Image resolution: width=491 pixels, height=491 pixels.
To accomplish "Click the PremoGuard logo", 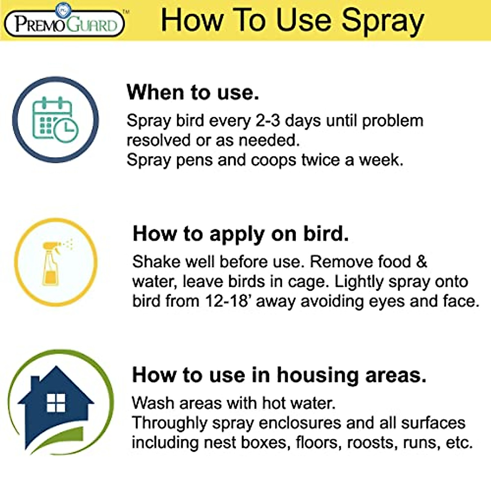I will (65, 23).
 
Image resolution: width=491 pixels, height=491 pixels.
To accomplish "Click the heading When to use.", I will (193, 92).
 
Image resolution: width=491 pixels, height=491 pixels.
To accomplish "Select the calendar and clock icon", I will (55, 120).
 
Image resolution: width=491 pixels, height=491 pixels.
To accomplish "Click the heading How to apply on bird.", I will (241, 234).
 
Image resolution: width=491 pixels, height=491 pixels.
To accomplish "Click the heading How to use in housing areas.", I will (279, 375).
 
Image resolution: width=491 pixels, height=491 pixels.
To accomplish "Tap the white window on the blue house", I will (56, 403).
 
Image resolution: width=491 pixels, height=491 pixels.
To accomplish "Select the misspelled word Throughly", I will (169, 423).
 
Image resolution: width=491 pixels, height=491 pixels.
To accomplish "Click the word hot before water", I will (276, 403).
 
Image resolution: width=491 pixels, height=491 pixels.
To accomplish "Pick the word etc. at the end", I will (459, 442).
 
